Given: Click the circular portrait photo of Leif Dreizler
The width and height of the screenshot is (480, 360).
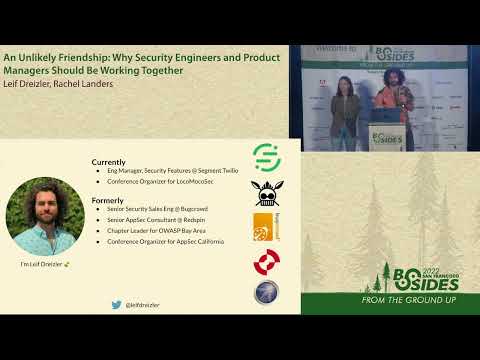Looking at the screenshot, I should [x=45, y=216].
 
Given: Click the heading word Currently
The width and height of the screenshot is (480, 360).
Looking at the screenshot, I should [x=108, y=162].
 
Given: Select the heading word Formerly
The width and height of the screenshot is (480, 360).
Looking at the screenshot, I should [x=107, y=200].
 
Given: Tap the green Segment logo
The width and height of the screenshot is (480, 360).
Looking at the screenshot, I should [x=265, y=155].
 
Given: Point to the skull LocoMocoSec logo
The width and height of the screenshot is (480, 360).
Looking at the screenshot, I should [x=265, y=191].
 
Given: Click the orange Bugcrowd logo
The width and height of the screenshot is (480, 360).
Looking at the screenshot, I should [x=265, y=226].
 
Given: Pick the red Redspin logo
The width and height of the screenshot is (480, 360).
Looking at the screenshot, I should [x=266, y=262].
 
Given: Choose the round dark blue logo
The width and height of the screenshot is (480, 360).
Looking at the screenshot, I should [x=266, y=292].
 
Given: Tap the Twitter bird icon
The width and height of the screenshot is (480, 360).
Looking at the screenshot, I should [x=117, y=304].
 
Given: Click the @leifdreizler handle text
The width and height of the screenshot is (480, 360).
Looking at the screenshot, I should [x=142, y=304].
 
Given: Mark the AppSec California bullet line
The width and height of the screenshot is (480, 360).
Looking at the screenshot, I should [x=165, y=242].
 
